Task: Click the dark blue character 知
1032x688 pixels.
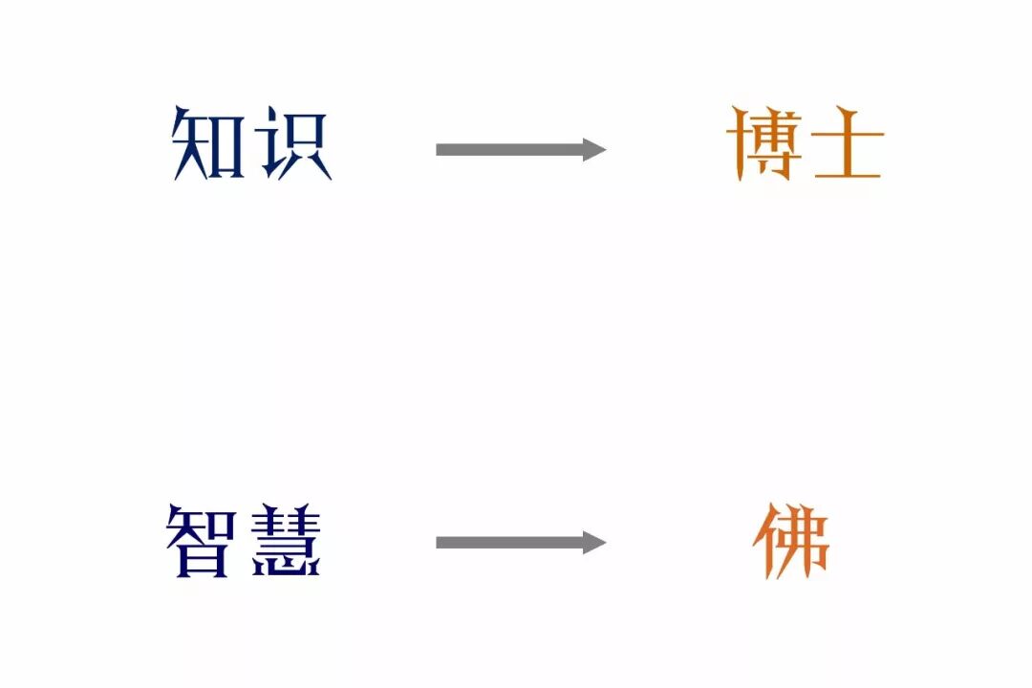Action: coord(208,143)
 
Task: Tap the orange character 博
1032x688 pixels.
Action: coord(764,143)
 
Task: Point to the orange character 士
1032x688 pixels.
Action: coord(848,144)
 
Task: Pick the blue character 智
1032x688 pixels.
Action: coord(201,541)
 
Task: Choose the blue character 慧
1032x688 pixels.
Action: coord(287,541)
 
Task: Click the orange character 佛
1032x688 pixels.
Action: coord(791,541)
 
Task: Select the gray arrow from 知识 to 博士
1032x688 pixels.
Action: coord(521,149)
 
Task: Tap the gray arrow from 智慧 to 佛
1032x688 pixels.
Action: coord(521,543)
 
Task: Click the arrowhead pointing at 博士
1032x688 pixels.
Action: coord(594,149)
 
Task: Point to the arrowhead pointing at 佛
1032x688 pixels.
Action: coord(594,543)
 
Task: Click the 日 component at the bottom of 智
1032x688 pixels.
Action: coord(202,558)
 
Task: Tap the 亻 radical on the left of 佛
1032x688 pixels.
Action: coord(764,542)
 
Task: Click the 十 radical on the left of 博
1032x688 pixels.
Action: coord(738,143)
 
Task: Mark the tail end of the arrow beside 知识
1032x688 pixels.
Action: coord(437,149)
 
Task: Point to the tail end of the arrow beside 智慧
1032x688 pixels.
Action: coord(437,543)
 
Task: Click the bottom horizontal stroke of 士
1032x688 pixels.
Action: coord(848,175)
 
